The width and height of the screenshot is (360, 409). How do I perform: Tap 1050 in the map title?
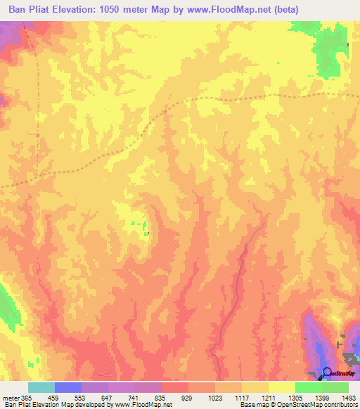(x=117, y=10)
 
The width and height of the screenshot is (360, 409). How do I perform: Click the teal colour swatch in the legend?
(x=41, y=387)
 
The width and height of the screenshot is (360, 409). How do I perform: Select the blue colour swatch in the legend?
(x=68, y=387)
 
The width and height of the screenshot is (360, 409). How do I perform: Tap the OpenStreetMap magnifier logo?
(x=326, y=372)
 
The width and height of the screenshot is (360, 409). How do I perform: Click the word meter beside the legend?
(x=11, y=397)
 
